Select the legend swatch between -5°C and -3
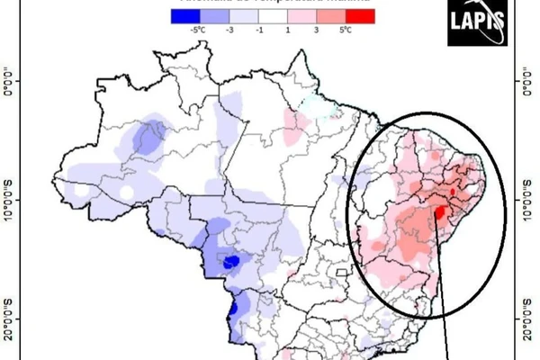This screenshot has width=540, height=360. (216, 15)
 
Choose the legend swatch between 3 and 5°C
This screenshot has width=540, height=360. (331, 15)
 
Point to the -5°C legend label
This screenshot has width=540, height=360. (199, 30)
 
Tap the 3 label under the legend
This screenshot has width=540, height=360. (317, 30)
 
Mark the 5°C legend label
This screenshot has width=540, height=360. (346, 30)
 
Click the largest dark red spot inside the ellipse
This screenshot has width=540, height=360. (439, 213)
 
